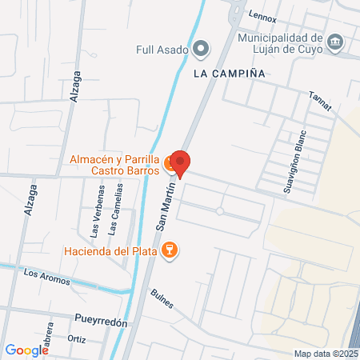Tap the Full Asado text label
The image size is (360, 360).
162,50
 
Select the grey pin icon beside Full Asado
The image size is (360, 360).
202,50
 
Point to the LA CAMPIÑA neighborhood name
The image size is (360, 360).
229,72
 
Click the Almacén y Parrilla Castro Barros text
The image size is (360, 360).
115,165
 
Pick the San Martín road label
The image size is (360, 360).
162,213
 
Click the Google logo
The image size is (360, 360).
26,350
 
